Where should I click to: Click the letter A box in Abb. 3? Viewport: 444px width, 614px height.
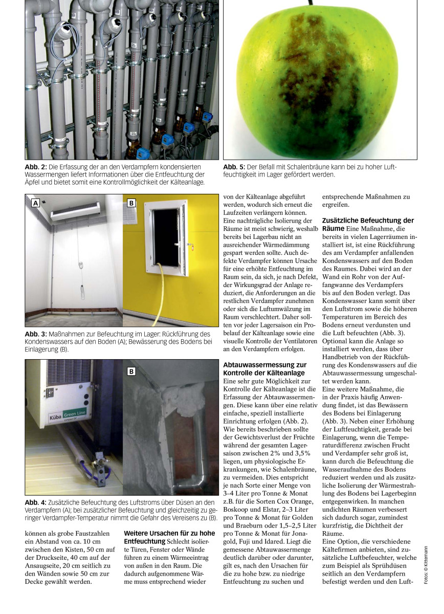35,203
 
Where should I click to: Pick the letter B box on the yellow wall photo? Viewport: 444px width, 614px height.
131,203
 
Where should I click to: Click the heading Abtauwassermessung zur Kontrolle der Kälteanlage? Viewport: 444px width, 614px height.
265,369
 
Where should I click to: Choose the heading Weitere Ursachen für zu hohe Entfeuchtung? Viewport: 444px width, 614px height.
169,537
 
